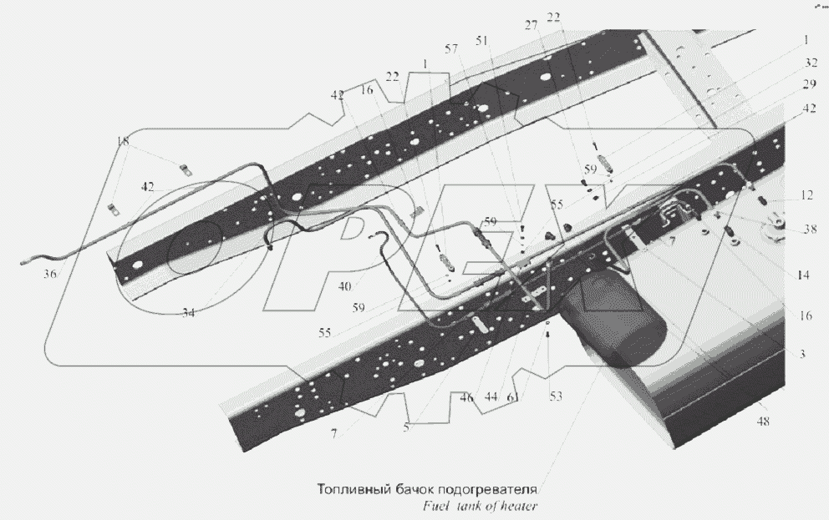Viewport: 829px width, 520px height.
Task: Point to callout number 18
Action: click(124, 143)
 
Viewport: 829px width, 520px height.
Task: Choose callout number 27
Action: click(531, 27)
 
